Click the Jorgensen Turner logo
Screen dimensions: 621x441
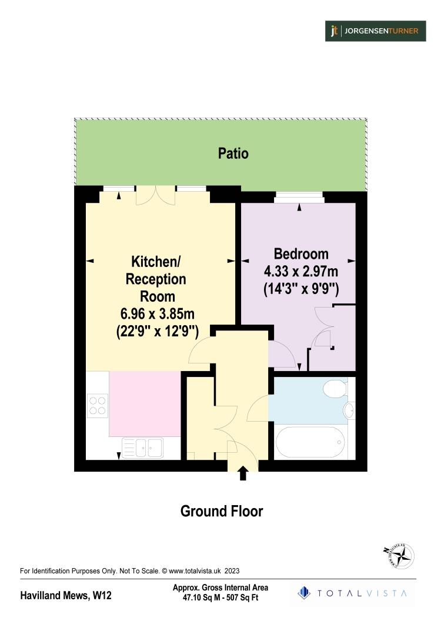click(x=376, y=31)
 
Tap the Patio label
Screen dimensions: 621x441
click(x=233, y=153)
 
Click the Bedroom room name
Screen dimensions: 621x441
click(x=301, y=254)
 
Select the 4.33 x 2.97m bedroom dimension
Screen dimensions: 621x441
click(x=301, y=272)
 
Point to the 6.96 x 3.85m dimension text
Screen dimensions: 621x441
click(x=158, y=315)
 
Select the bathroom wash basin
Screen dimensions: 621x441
click(x=348, y=410)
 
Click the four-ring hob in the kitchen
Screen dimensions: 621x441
click(x=98, y=405)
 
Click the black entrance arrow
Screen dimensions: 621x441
click(x=243, y=473)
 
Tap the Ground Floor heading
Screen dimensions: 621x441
click(x=221, y=511)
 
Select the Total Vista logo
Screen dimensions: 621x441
click(x=352, y=593)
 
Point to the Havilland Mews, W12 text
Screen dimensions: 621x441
click(x=66, y=596)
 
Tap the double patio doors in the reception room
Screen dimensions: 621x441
click(x=155, y=195)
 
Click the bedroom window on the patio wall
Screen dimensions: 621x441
click(x=299, y=198)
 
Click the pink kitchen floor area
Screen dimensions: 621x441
click(x=145, y=403)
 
